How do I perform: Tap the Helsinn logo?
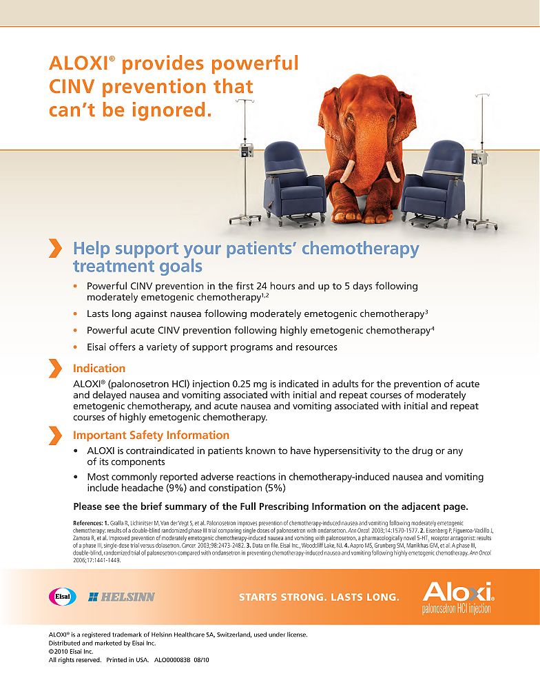(121, 597)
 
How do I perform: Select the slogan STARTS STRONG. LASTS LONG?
(319, 597)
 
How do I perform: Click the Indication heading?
(99, 368)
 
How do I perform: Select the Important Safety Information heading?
(151, 435)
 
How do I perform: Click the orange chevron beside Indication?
(54, 368)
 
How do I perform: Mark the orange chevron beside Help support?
(54, 249)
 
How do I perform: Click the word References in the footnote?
(87, 524)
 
